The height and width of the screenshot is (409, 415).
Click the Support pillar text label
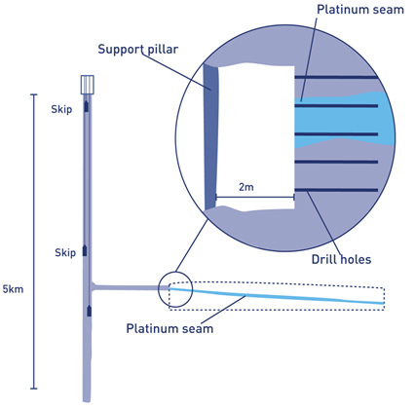[138, 50]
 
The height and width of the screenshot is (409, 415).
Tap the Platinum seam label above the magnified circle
[360, 10]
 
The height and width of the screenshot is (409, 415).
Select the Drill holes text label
[341, 259]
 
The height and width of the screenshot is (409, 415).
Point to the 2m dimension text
[246, 187]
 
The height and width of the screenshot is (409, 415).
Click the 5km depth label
[13, 289]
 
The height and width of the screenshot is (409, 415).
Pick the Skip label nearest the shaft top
[61, 109]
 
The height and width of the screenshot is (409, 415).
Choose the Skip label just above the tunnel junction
[65, 252]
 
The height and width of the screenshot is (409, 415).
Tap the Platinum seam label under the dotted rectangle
[170, 328]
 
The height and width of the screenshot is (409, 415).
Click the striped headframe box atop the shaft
[87, 85]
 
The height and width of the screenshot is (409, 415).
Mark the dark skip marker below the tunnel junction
[89, 311]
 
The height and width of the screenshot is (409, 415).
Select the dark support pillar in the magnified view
[211, 137]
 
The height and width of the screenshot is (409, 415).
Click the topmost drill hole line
[336, 78]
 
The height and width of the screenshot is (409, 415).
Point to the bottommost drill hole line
[336, 190]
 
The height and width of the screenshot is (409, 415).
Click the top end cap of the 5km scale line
[34, 94]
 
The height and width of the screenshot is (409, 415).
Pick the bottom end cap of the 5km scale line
[34, 389]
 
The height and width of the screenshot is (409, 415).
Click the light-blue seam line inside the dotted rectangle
[277, 296]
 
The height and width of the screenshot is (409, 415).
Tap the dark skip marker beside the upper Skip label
[86, 106]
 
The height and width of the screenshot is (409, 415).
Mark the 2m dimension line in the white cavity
[255, 197]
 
